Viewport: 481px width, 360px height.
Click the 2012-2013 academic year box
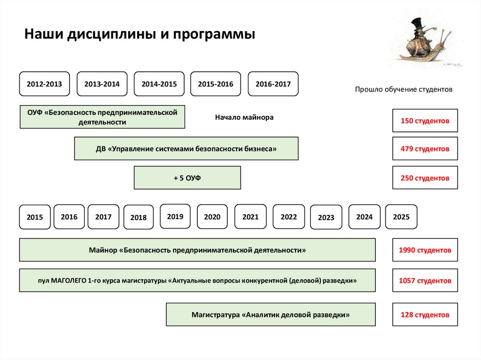tap(44, 84)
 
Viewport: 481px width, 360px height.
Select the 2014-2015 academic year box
tap(159, 84)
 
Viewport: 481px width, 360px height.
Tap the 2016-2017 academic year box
tap(273, 84)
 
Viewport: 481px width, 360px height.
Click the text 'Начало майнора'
tap(244, 117)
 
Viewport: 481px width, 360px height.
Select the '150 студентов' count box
tap(425, 121)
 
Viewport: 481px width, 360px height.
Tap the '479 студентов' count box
tap(425, 149)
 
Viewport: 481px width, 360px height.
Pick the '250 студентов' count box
tap(425, 178)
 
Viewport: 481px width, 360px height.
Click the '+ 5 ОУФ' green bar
tap(187, 178)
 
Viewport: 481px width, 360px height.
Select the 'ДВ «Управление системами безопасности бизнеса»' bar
tap(186, 149)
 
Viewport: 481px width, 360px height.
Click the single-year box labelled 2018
tap(139, 217)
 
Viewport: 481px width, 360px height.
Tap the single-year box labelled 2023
tap(326, 217)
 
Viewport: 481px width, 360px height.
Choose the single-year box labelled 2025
tap(401, 217)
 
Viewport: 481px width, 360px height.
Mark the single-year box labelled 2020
tap(212, 217)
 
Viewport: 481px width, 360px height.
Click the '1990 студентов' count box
tap(425, 250)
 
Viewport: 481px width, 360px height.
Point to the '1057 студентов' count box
tap(425, 281)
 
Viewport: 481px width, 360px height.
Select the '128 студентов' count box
tap(425, 314)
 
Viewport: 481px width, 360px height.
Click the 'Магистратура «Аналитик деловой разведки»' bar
tap(271, 314)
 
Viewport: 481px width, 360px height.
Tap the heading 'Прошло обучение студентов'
tap(403, 89)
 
